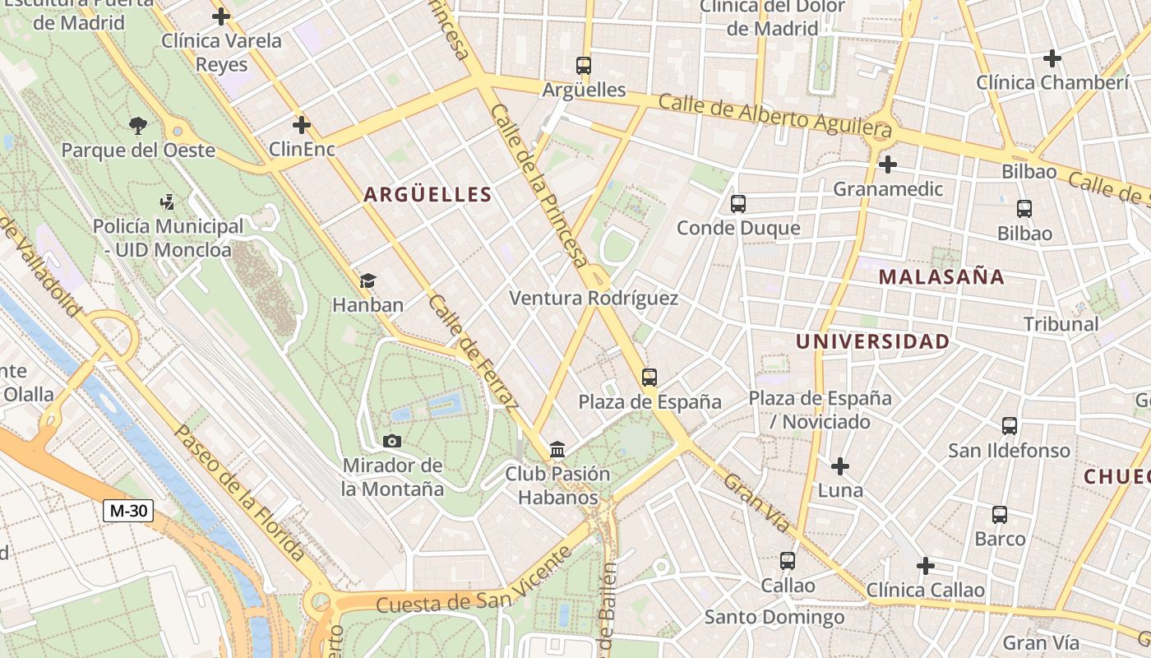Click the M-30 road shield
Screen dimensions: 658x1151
pyautogui.click(x=129, y=511)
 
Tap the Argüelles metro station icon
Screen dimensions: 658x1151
pyautogui.click(x=584, y=65)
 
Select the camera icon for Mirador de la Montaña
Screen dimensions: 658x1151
pyautogui.click(x=392, y=441)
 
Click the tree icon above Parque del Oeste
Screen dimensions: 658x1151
pyautogui.click(x=137, y=126)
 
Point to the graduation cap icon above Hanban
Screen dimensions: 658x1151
pyautogui.click(x=367, y=280)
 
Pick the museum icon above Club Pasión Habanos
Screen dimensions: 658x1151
pyautogui.click(x=557, y=449)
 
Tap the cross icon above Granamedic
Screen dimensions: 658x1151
pyautogui.click(x=887, y=164)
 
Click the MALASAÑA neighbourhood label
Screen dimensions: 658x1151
pyautogui.click(x=941, y=276)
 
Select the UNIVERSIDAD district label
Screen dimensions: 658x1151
pyautogui.click(x=872, y=341)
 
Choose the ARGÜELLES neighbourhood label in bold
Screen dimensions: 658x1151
pyautogui.click(x=428, y=195)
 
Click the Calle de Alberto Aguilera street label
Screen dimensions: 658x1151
pyautogui.click(x=774, y=114)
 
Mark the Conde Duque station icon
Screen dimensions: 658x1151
pyautogui.click(x=738, y=203)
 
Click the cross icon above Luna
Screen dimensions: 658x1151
pyautogui.click(x=839, y=466)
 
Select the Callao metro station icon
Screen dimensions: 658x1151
pyautogui.click(x=788, y=561)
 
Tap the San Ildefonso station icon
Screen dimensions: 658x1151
pyautogui.click(x=1010, y=426)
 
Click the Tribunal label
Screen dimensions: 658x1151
pyautogui.click(x=1061, y=324)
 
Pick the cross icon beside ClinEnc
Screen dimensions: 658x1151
pyautogui.click(x=302, y=125)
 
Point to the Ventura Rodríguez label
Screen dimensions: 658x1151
pyautogui.click(x=594, y=298)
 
